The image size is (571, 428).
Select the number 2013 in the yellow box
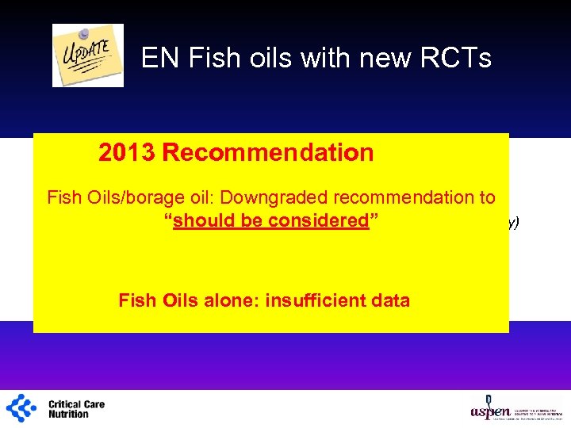pos(127,152)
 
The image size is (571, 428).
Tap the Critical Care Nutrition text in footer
pos(76,409)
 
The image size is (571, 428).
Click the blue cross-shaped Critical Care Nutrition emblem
pos(21,407)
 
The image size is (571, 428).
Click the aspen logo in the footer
pos(485,408)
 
